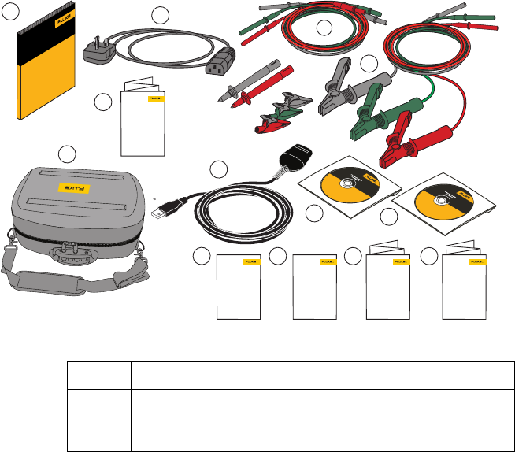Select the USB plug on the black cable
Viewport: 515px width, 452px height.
162,210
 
